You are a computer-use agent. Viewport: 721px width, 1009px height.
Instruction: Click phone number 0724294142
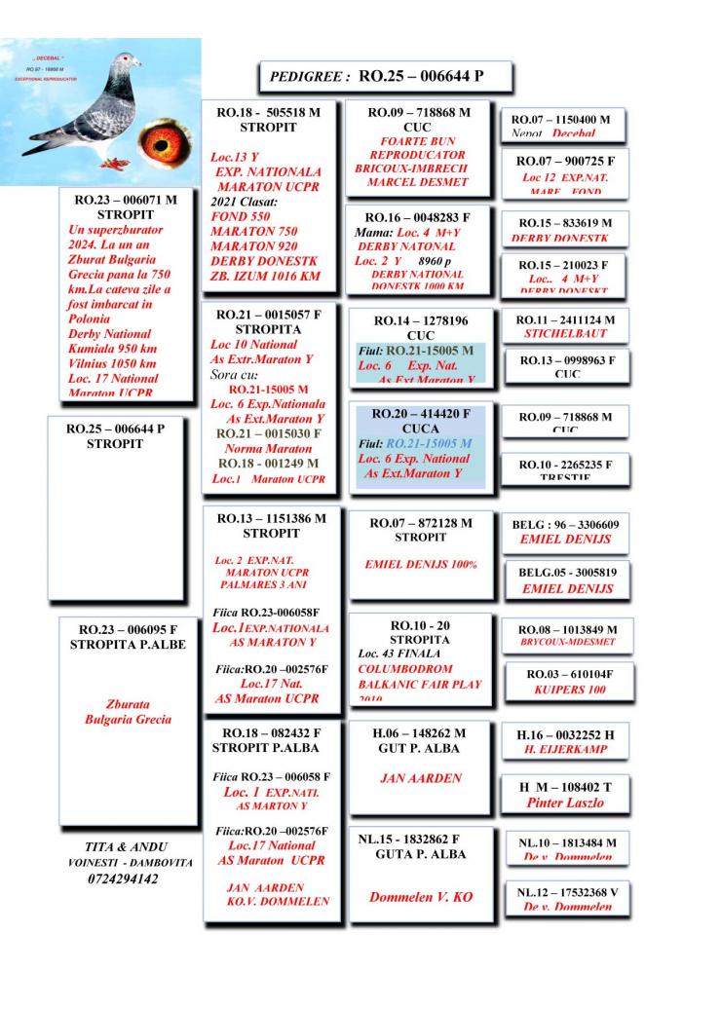pyautogui.click(x=123, y=878)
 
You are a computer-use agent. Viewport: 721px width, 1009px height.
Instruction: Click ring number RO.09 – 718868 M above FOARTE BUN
pyautogui.click(x=418, y=113)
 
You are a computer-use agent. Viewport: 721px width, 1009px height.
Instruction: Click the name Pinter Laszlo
pyautogui.click(x=565, y=803)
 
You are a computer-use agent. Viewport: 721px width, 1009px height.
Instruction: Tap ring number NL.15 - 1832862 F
pyautogui.click(x=409, y=838)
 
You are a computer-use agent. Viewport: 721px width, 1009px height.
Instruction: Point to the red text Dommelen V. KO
pyautogui.click(x=421, y=897)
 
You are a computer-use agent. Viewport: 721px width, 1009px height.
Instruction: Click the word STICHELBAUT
pyautogui.click(x=566, y=333)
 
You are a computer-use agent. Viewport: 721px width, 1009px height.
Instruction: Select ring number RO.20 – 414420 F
pyautogui.click(x=421, y=413)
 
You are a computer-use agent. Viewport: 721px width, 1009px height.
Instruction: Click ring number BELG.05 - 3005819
pyautogui.click(x=565, y=572)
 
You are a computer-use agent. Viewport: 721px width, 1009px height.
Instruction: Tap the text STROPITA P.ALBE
pyautogui.click(x=121, y=645)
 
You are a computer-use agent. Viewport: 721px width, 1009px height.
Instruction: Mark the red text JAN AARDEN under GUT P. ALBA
pyautogui.click(x=421, y=778)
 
